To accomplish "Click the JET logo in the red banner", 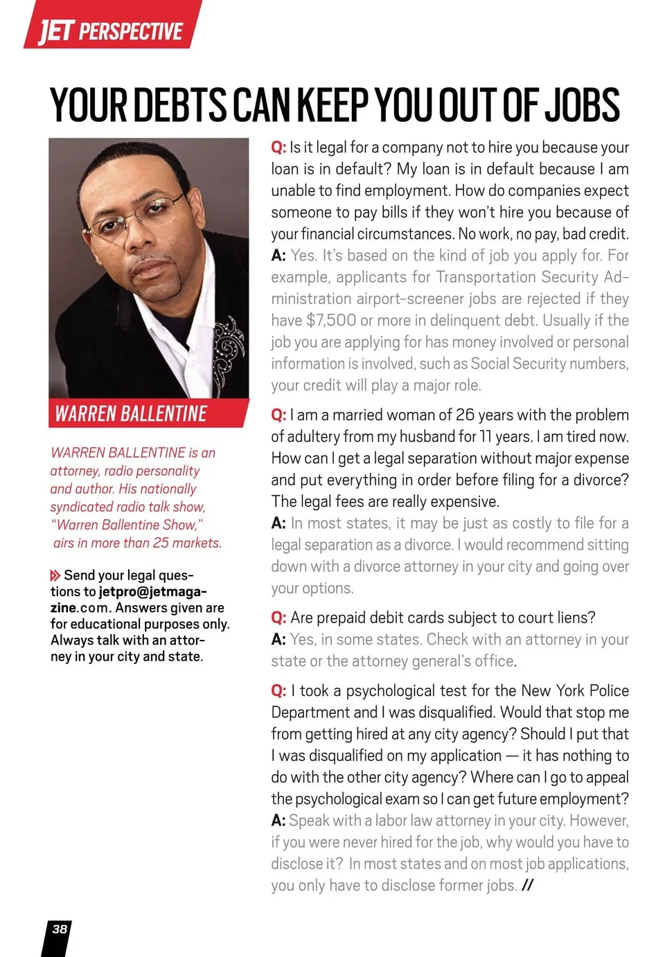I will [55, 30].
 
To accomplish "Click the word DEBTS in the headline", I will [180, 105].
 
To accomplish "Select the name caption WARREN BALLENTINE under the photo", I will [131, 414].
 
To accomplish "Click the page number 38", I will [60, 929].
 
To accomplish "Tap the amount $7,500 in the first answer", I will [331, 321].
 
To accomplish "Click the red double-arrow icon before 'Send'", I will [55, 575].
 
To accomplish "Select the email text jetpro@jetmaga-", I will [152, 591].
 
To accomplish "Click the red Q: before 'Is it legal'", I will [278, 147].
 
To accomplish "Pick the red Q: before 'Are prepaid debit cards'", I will [278, 618].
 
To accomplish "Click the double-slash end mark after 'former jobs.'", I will [528, 886].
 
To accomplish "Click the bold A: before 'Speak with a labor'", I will [278, 821].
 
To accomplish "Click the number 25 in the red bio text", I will [161, 543].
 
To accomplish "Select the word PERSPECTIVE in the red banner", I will [131, 32].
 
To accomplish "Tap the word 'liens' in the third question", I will [572, 618].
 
